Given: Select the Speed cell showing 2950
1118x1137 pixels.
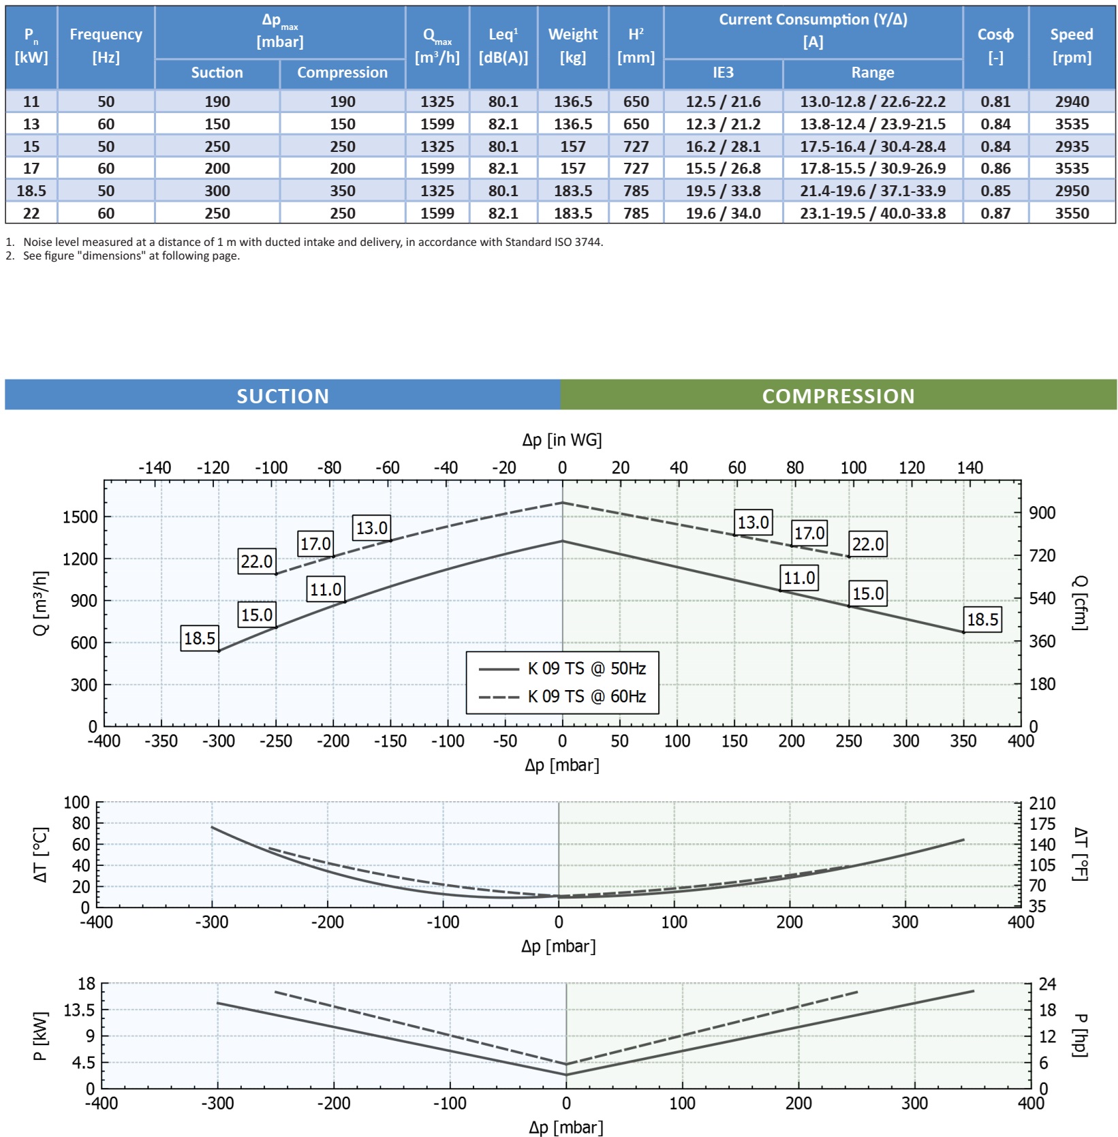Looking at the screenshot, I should pos(1072,191).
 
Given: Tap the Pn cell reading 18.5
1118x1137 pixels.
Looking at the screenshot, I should pos(31,191).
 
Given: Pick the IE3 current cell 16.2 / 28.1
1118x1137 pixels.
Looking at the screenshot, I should pos(723,146).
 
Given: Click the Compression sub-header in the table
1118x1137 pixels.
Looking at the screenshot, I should pos(342,73).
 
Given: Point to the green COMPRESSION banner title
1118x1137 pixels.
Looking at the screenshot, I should pos(838,396).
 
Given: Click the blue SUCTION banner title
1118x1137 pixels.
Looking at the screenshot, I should pos(283,396).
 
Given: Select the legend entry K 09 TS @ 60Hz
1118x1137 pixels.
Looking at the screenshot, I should pos(587,696).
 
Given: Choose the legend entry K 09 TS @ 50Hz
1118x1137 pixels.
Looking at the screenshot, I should pos(587,668).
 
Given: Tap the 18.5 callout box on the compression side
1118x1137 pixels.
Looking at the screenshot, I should pos(982,619).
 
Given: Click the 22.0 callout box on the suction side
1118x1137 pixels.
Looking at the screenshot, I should pos(256,561).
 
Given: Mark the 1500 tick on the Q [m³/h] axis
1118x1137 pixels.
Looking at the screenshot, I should pos(80,517).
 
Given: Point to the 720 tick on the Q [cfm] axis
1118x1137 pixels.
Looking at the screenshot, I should pos(1042,556).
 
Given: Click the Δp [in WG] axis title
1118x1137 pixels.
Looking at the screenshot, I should pos(562,440).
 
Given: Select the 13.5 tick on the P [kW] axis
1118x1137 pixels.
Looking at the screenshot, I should pos(79,1010).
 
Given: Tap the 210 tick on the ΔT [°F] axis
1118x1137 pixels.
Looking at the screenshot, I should pos(1042,803).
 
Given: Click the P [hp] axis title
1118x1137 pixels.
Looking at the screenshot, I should pos(1079,1035).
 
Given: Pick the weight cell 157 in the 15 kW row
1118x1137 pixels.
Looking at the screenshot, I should pos(572,146).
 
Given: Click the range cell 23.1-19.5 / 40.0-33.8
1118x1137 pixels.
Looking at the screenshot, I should pos(872,213).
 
